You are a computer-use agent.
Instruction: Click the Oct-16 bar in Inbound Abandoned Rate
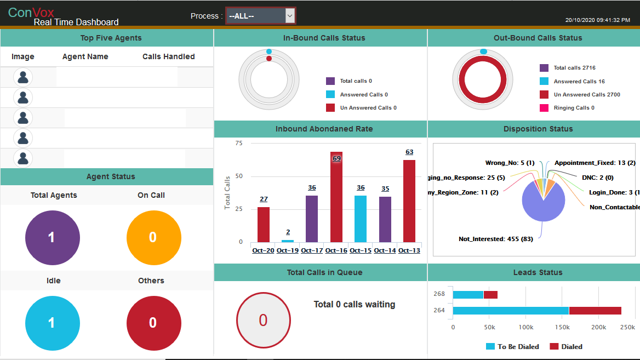pos(336,197)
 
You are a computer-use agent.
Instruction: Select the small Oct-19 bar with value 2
pos(288,241)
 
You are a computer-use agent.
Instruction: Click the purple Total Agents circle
pos(53,237)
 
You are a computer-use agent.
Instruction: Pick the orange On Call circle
pos(153,237)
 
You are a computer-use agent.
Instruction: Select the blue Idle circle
pos(53,323)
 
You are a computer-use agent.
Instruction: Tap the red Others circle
pos(153,323)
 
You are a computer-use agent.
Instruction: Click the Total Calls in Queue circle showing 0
pos(263,320)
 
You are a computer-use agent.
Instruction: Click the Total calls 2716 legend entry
pos(574,68)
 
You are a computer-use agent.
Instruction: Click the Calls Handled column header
pos(168,56)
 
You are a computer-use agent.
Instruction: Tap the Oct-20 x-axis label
pos(263,250)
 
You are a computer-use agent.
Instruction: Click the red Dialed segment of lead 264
pos(595,311)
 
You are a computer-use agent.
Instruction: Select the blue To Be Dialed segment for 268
pos(468,295)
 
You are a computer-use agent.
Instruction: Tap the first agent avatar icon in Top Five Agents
pos(23,77)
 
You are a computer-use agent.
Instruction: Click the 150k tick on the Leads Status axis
pos(562,327)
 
